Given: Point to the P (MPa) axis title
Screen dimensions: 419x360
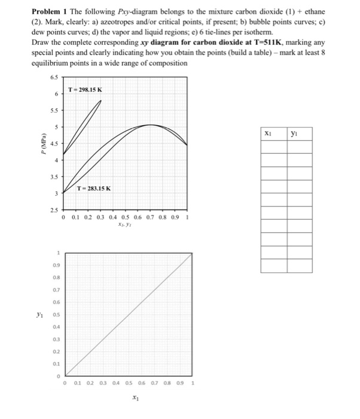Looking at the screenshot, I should click(x=41, y=145).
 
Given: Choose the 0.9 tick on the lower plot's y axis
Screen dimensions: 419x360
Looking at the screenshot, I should click(x=57, y=264).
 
